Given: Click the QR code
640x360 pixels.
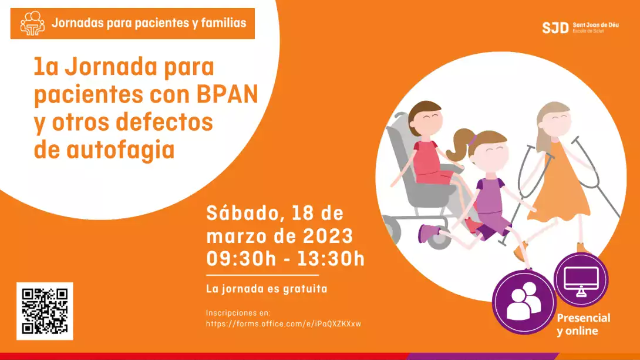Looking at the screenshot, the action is click(45, 311).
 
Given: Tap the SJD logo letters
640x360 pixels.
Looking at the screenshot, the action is click(555, 28).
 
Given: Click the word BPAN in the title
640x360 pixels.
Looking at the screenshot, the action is click(227, 94).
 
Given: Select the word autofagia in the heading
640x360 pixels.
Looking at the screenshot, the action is click(121, 150).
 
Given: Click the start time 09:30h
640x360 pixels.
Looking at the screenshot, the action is click(241, 259).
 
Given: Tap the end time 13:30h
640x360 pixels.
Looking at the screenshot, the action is click(330, 259).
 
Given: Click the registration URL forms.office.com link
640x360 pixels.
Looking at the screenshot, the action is click(283, 324).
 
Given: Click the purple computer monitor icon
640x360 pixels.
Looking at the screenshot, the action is click(581, 280).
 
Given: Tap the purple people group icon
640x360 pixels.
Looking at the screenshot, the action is click(524, 302).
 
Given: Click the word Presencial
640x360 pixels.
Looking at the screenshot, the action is click(584, 318).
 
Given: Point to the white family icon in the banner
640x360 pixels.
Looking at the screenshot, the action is click(32, 23).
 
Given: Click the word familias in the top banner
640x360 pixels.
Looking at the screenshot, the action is click(224, 23).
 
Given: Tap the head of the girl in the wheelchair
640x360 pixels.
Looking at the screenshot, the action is click(425, 118).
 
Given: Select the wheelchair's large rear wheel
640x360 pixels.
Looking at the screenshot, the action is click(392, 230).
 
